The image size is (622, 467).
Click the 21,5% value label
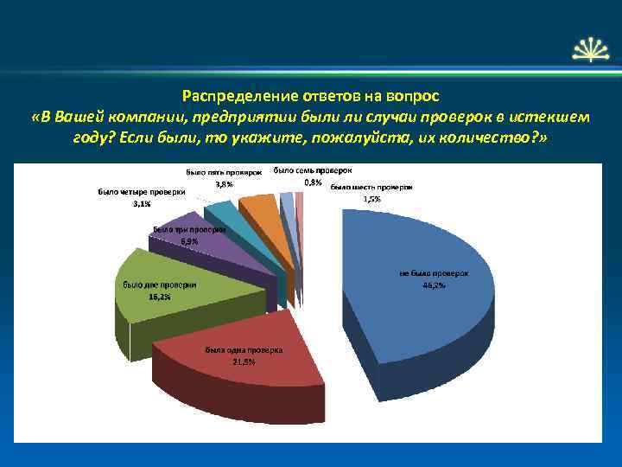[244, 361]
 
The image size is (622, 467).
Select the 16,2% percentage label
[159, 297]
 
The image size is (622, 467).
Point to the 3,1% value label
[141, 203]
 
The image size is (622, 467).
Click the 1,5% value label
[371, 198]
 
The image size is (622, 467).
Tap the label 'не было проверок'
[434, 273]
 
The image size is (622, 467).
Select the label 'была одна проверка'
[244, 350]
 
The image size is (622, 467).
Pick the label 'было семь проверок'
[313, 170]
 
